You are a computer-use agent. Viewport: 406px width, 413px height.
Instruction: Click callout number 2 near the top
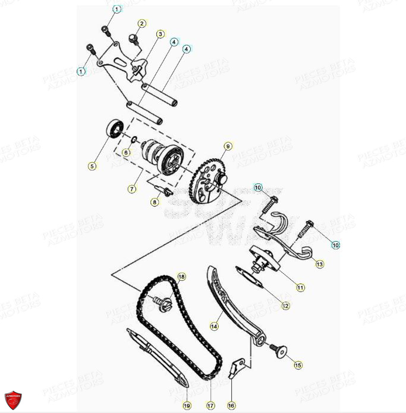point(141,24)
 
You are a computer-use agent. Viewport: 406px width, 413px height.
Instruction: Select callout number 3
point(160,34)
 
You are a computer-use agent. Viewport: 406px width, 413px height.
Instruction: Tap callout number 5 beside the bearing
point(92,166)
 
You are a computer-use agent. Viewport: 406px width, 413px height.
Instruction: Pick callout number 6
point(126,152)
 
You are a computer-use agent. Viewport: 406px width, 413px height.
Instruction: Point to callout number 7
point(132,189)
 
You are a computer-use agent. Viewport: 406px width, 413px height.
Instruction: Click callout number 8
point(155,202)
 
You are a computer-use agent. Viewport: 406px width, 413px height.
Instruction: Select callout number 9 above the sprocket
point(226,146)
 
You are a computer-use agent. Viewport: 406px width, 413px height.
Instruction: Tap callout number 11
point(300,287)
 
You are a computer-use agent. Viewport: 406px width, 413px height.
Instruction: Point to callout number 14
point(214,326)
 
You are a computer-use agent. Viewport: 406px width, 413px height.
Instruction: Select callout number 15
point(298,364)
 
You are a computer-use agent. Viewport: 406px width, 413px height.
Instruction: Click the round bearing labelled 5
point(114,128)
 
